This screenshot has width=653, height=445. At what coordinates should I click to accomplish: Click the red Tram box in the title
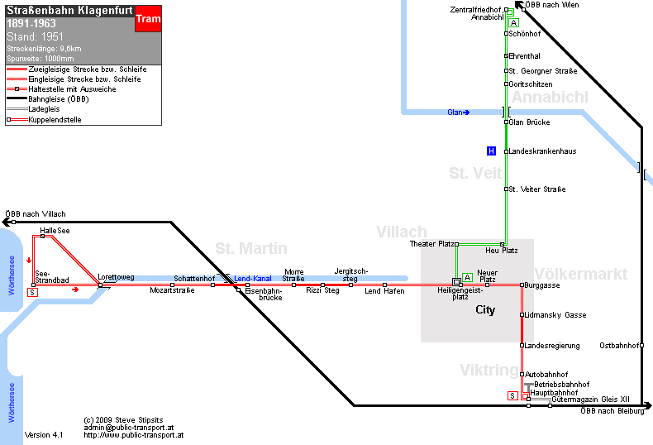148,19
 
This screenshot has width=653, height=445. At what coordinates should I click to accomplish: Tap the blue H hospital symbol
492,151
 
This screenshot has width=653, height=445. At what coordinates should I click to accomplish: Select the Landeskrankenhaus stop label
542,151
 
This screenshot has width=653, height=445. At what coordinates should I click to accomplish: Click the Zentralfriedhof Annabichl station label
477,13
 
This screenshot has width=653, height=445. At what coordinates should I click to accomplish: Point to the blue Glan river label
458,112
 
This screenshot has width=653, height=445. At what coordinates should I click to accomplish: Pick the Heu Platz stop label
502,251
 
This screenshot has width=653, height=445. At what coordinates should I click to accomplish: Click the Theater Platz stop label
431,244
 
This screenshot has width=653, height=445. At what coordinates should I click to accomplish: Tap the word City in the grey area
485,309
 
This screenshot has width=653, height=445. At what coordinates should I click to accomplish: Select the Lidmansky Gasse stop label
555,315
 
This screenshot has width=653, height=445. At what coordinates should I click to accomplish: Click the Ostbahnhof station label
619,346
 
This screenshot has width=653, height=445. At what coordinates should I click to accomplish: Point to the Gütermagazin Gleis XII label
590,400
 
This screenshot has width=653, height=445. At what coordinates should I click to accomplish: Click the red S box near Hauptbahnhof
512,396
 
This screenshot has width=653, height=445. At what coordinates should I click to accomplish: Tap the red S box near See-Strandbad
32,293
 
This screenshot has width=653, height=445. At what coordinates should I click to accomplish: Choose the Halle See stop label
55,231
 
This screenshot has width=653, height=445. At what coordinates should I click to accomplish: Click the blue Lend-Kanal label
253,279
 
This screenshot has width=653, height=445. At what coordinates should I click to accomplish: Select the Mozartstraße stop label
172,290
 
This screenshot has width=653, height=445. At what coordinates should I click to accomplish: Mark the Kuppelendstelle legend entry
55,120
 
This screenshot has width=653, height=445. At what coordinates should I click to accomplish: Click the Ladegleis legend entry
44,109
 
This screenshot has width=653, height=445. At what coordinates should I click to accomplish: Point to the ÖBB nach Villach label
36,214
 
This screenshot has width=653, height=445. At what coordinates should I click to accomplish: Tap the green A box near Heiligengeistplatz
467,277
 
